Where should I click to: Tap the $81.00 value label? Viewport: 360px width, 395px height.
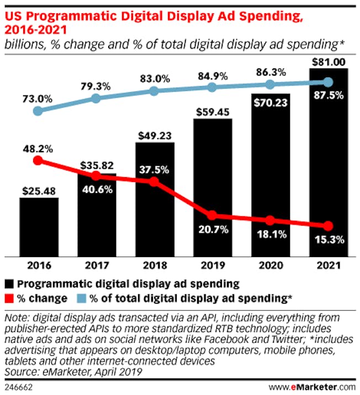(328, 61)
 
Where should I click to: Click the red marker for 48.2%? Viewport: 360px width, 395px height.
(38, 161)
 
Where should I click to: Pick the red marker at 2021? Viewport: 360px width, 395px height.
(328, 226)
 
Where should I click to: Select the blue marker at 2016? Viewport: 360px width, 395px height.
(38, 111)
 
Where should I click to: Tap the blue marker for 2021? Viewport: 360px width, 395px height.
(328, 82)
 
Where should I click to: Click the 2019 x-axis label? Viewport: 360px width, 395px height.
(212, 266)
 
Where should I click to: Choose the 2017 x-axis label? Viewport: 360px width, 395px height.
(96, 266)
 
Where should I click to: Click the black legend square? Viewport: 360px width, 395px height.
(10, 285)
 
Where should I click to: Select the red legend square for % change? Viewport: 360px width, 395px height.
(10, 298)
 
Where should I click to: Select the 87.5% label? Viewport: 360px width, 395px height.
(328, 95)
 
